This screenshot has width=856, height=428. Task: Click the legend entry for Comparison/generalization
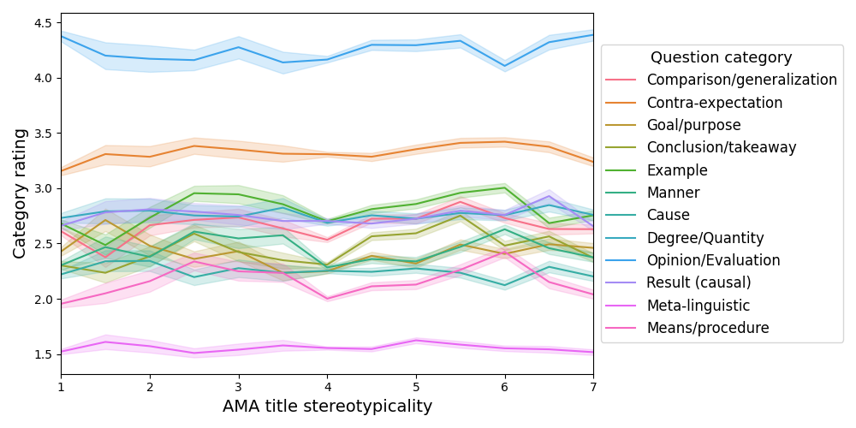click(x=741, y=80)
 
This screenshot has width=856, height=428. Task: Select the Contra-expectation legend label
click(x=714, y=103)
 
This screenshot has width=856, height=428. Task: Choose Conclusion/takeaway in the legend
click(x=721, y=147)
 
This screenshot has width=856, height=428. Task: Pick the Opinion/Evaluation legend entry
click(x=713, y=260)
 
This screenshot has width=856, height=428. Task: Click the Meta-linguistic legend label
click(x=698, y=306)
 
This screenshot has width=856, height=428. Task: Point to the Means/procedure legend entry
click(x=707, y=328)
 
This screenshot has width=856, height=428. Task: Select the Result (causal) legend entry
click(x=698, y=282)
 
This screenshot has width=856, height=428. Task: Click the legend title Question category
click(x=721, y=57)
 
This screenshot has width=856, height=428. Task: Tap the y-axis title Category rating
click(x=20, y=193)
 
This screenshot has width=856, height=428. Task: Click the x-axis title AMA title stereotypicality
click(x=327, y=407)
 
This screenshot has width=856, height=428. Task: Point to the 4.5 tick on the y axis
click(x=44, y=22)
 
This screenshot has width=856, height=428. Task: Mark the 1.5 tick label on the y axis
click(x=44, y=354)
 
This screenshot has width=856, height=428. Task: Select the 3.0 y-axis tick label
click(x=44, y=188)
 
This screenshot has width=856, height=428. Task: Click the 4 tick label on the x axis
click(x=327, y=385)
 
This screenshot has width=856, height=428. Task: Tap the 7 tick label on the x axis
click(x=593, y=385)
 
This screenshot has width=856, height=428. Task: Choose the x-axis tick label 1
click(x=61, y=385)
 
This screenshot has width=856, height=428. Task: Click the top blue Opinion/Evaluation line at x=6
click(x=504, y=66)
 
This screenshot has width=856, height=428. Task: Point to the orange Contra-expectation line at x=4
click(x=327, y=155)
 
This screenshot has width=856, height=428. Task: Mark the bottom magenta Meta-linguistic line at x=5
click(x=416, y=341)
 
